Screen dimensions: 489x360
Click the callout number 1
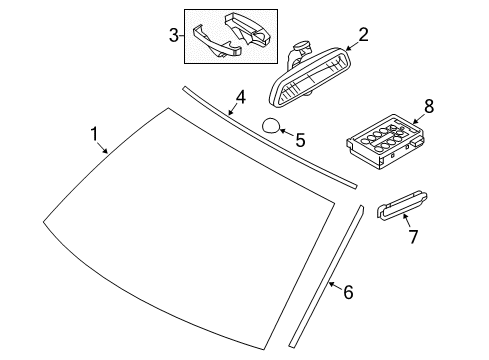click(95, 134)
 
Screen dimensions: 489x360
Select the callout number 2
click(363, 35)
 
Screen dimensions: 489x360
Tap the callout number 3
click(174, 35)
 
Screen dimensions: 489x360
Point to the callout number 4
click(240, 97)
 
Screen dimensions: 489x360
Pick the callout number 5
click(300, 140)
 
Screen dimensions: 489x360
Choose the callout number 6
click(348, 292)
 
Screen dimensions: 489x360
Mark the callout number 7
click(413, 237)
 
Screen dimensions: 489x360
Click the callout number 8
click(429, 106)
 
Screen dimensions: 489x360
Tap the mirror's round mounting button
click(302, 45)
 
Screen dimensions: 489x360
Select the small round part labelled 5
click(272, 125)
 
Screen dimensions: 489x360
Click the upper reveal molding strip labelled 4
click(269, 137)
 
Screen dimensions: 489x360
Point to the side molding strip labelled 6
click(327, 277)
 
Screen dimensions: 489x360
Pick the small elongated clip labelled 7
click(402, 206)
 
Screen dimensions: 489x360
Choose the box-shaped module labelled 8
click(386, 141)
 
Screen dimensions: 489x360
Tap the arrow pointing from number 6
click(335, 287)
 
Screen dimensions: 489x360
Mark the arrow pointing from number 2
click(352, 45)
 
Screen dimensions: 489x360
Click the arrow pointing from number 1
click(103, 148)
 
